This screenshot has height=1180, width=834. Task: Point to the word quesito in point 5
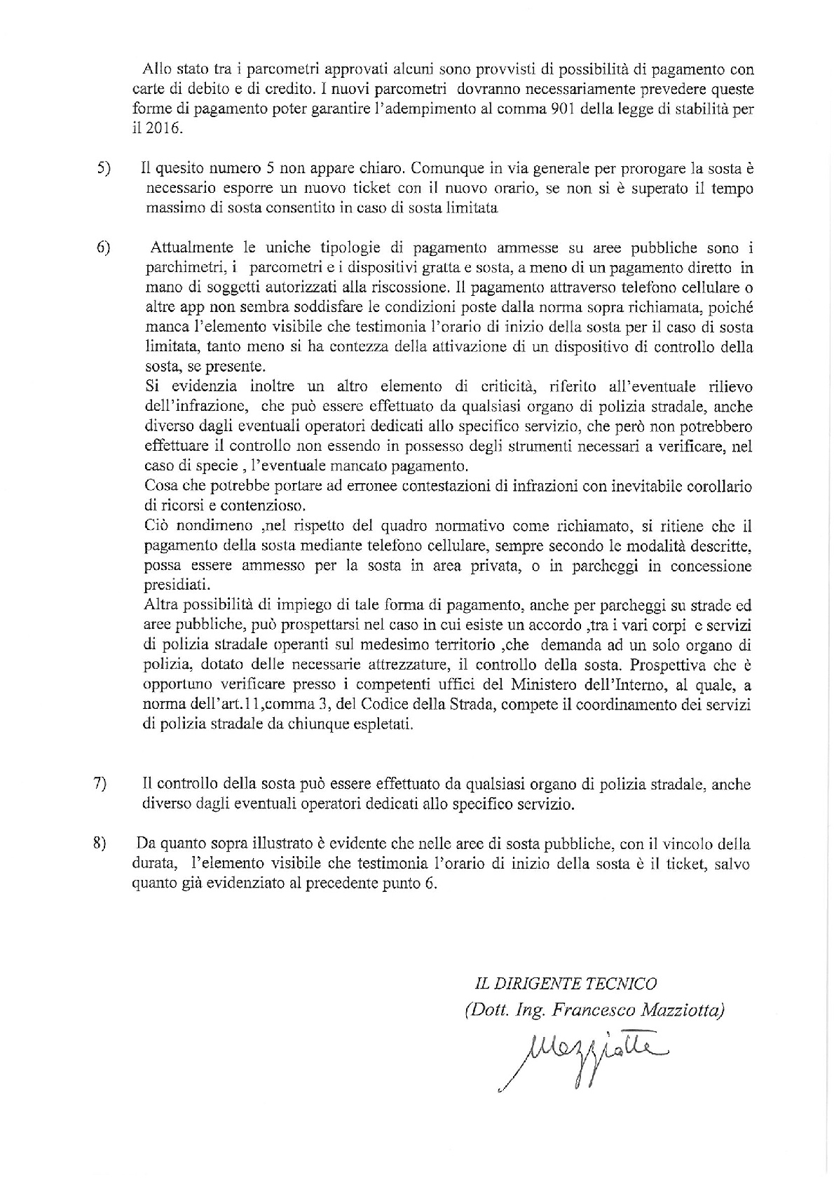pos(184,169)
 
